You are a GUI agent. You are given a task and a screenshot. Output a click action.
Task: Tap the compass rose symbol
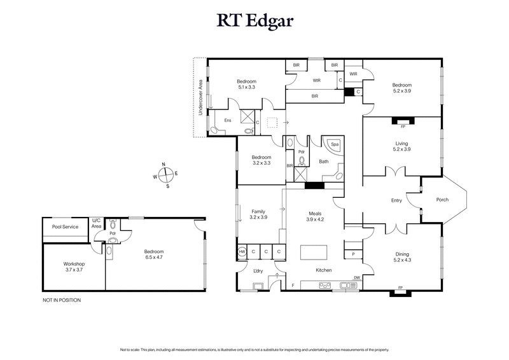click(165, 174)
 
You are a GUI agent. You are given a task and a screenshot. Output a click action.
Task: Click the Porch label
click(442, 200)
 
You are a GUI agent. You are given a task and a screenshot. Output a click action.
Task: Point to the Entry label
click(396, 201)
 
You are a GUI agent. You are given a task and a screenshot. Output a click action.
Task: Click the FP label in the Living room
click(403, 126)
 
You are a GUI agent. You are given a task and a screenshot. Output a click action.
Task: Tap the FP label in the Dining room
click(400, 287)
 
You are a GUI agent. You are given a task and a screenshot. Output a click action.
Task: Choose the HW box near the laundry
click(242, 252)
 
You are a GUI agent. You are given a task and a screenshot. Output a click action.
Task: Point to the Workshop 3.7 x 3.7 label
click(73, 267)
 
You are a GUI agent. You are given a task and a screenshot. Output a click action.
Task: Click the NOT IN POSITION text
click(62, 300)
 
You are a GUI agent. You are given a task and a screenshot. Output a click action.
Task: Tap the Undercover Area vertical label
click(200, 97)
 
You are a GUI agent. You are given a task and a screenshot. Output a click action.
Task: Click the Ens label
click(227, 120)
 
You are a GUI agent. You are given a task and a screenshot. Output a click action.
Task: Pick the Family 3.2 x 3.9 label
click(259, 214)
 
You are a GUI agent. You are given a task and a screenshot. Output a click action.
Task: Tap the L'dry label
click(258, 272)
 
